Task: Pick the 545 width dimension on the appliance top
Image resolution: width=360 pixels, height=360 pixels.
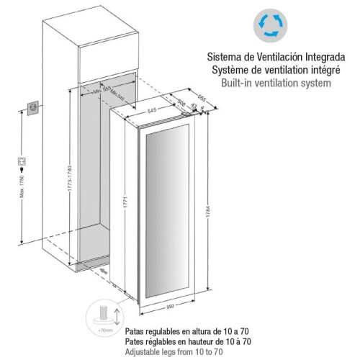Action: point(152,111)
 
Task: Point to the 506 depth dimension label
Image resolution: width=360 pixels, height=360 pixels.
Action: point(181,104)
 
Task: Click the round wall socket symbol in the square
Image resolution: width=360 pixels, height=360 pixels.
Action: point(32,108)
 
